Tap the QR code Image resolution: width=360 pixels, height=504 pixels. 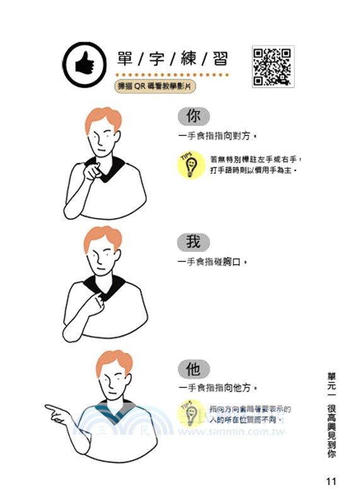click(272, 66)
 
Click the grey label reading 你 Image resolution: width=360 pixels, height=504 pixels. click(194, 117)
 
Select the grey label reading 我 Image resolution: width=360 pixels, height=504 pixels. click(193, 241)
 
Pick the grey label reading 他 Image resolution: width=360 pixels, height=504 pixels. click(193, 368)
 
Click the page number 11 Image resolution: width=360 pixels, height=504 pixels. click(332, 481)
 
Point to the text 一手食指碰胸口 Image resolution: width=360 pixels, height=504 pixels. click(212, 261)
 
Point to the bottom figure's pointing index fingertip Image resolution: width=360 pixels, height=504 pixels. click(47, 408)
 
